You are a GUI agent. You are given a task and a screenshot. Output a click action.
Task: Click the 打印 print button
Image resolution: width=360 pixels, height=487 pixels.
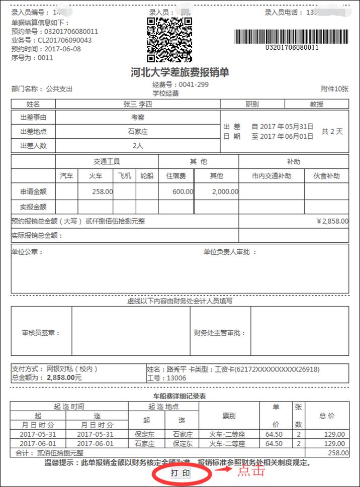(181, 473)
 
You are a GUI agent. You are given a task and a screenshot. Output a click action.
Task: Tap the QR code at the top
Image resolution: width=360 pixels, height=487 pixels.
(169, 39)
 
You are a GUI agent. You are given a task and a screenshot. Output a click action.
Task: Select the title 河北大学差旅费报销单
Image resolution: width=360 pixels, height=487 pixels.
(180, 72)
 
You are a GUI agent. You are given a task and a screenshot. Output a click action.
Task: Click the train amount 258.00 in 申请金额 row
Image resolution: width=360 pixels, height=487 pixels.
(103, 191)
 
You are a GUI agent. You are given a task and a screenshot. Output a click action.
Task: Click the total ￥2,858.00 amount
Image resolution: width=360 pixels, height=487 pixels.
(332, 221)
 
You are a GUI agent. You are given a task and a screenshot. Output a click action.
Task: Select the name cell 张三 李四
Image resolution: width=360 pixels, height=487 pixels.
(137, 104)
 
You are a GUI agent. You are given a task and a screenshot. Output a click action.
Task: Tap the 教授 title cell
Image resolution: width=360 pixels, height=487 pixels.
(317, 104)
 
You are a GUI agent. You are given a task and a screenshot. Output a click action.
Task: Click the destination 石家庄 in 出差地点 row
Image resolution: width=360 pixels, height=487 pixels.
(138, 132)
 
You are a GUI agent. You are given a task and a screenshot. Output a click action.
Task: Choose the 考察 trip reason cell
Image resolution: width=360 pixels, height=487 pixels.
(138, 118)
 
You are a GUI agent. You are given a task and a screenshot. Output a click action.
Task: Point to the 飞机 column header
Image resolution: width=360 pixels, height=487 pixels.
(125, 176)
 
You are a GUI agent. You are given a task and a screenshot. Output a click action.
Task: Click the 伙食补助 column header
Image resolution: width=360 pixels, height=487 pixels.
(327, 176)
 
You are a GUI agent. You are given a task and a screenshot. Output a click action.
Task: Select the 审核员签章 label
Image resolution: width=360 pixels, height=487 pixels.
(41, 333)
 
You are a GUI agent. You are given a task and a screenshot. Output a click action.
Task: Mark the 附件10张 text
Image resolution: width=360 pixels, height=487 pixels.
(334, 89)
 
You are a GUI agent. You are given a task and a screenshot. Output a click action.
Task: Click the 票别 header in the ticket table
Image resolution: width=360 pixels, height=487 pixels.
(229, 416)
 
